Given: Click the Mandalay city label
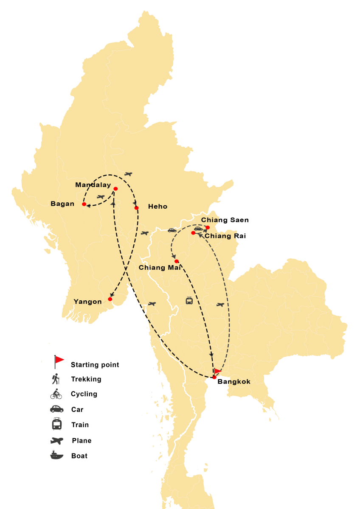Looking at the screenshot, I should coord(93,185).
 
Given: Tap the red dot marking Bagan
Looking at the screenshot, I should coord(84,204).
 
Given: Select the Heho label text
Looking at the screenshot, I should coord(157,207).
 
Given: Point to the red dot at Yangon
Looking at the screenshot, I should coord(110,299).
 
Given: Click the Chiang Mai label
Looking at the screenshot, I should coord(160,268).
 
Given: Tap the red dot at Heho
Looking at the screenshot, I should coord(137,208).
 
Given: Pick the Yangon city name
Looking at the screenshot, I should coord(88,302).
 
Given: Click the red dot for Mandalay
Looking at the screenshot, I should coord(115,189).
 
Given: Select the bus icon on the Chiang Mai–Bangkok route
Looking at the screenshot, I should coord(189,301).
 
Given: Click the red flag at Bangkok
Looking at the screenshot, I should coord(218,371).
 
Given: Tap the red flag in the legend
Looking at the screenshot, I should coord(59,360).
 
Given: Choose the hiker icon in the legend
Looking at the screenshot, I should coord(56,379).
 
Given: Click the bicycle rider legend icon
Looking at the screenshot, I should coord(56,394).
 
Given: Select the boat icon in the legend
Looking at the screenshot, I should coord(56,455).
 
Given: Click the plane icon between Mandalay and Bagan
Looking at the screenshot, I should coord(101,197).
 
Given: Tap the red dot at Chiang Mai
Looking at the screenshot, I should coord(177,261).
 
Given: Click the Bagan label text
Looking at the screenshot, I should coord(62,204).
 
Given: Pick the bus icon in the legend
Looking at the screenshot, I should coord(56,424).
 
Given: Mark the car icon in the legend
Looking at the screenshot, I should coord(56,409).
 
